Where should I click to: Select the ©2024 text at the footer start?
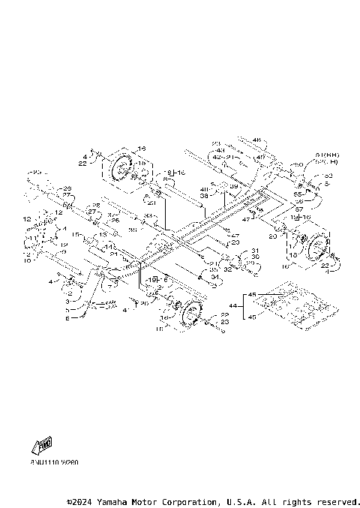tap(78, 500)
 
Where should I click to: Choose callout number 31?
tap(254, 251)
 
